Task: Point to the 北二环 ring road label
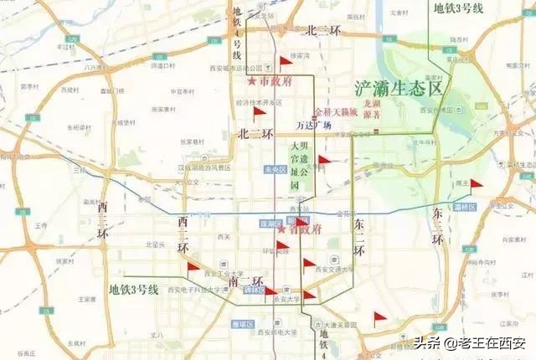coord(251,133)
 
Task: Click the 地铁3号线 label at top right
coord(458,8)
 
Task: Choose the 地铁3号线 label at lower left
coord(133,289)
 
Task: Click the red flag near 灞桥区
coord(476,184)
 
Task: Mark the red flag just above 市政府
coord(283,61)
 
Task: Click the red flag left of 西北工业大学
coord(192,266)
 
